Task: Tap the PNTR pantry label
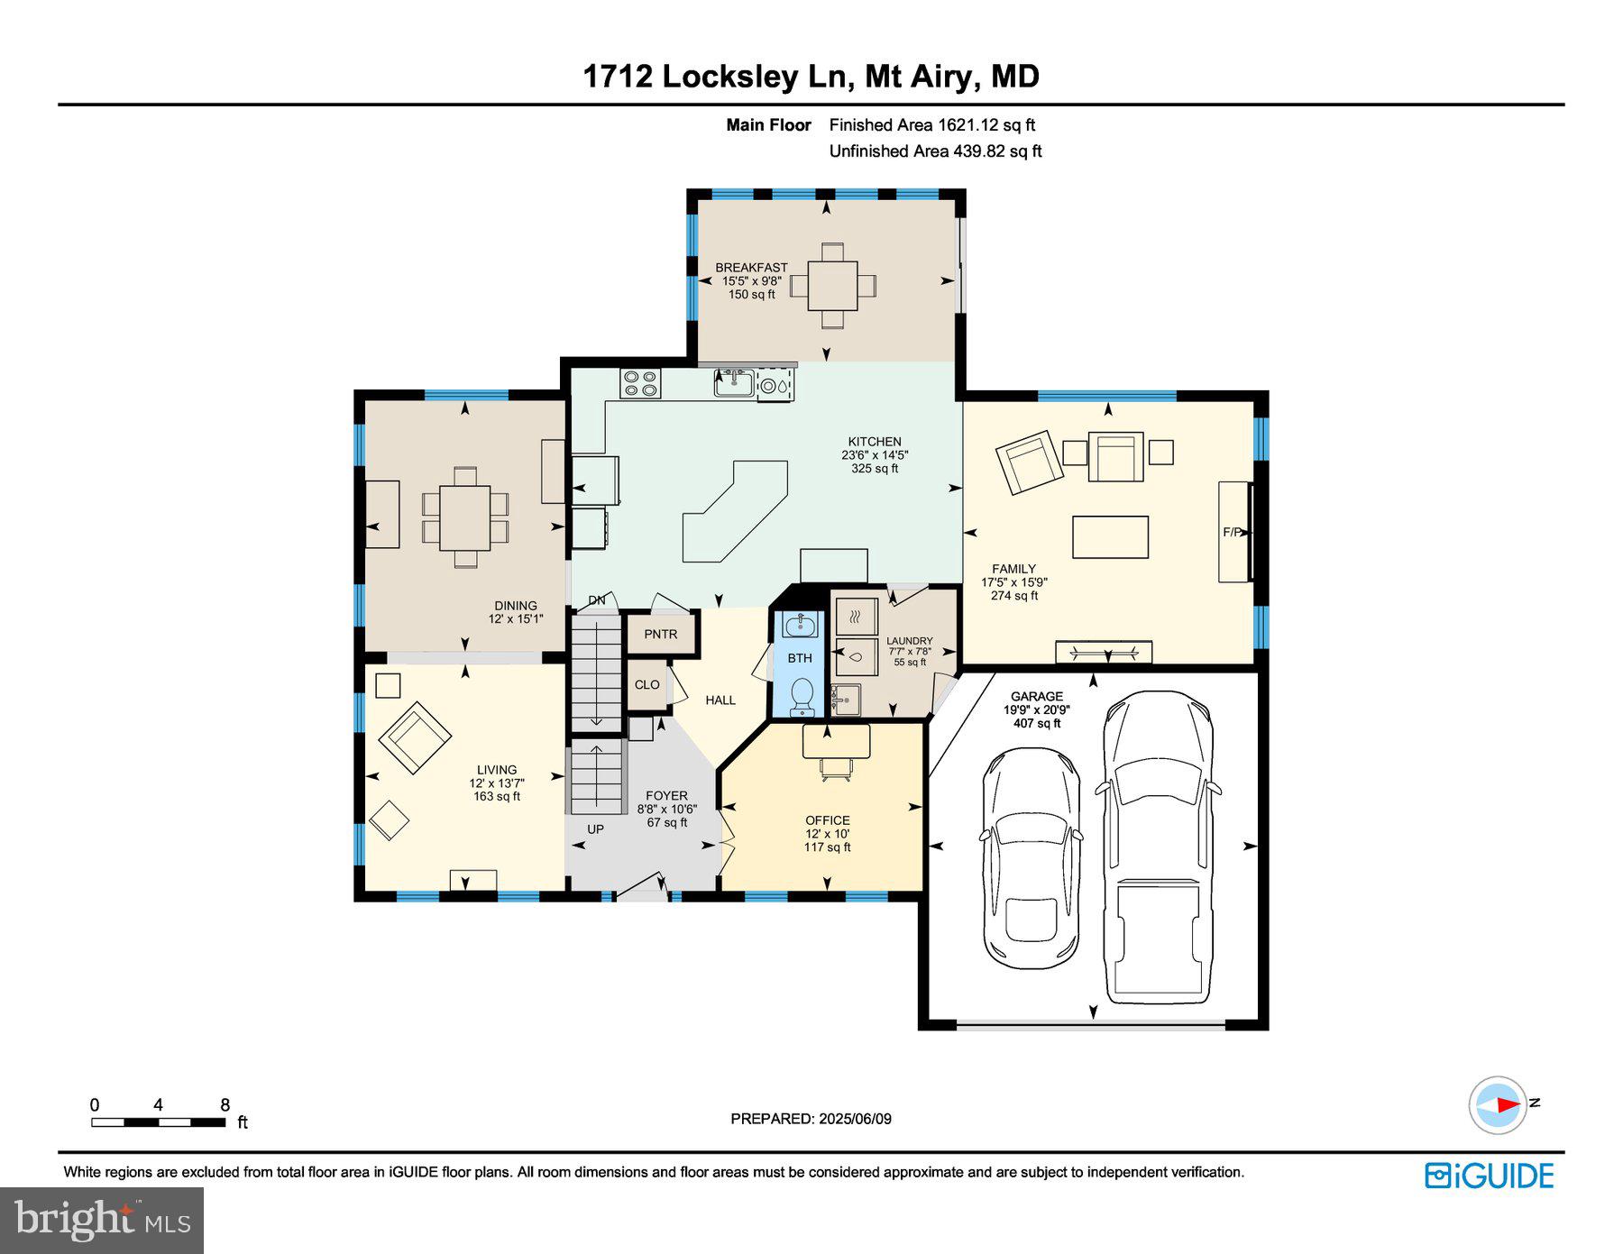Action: pyautogui.click(x=661, y=634)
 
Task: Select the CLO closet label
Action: pyautogui.click(x=646, y=684)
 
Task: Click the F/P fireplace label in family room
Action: pyautogui.click(x=1232, y=532)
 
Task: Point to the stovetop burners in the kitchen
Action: pyautogui.click(x=640, y=383)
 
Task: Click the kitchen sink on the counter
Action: pyautogui.click(x=734, y=383)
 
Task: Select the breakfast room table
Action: pyautogui.click(x=832, y=285)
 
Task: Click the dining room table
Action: pyautogui.click(x=464, y=517)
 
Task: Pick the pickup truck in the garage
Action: pyautogui.click(x=1158, y=847)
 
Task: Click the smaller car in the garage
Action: pyautogui.click(x=1031, y=856)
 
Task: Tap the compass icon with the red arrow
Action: pyautogui.click(x=1498, y=1104)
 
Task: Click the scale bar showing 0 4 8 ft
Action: pyautogui.click(x=159, y=1122)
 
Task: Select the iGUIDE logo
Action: pyautogui.click(x=1489, y=1176)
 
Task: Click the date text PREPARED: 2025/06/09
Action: pyautogui.click(x=811, y=1119)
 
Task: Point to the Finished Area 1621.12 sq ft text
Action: pyautogui.click(x=931, y=125)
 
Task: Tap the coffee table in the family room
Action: pyautogui.click(x=1110, y=537)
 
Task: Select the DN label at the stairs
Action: pyautogui.click(x=596, y=600)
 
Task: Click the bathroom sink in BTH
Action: pyautogui.click(x=800, y=624)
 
